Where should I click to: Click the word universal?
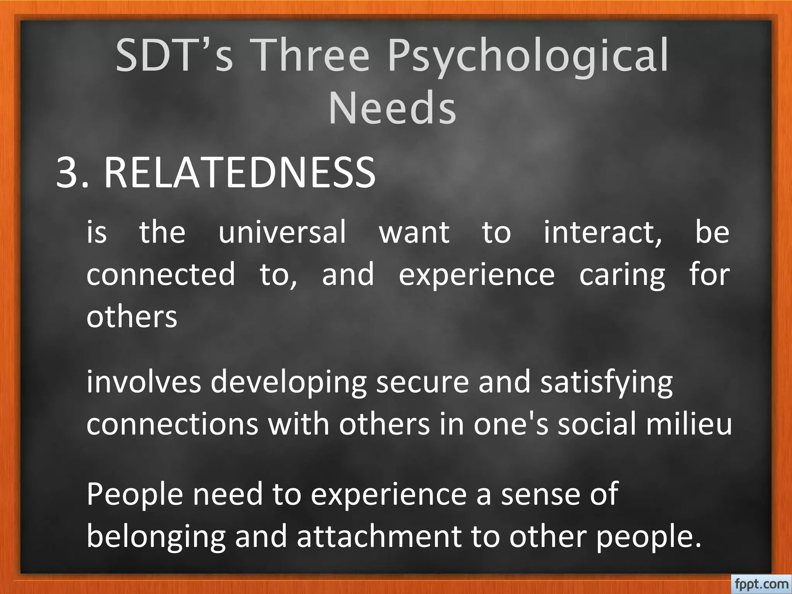282,232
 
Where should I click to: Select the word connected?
160,274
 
